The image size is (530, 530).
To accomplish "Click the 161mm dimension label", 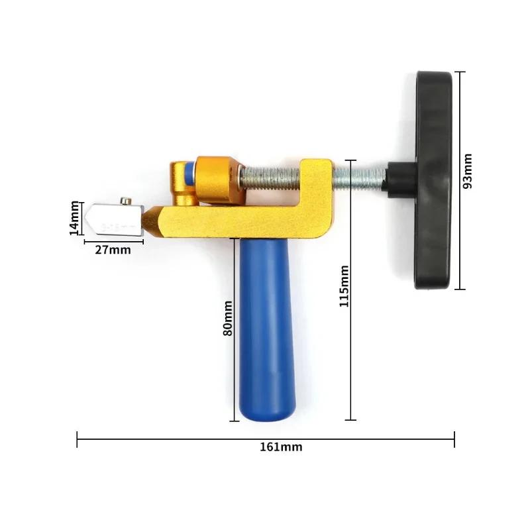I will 282,447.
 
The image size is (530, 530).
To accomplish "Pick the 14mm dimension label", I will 75,216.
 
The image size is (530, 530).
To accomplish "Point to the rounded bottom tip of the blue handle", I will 264,416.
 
